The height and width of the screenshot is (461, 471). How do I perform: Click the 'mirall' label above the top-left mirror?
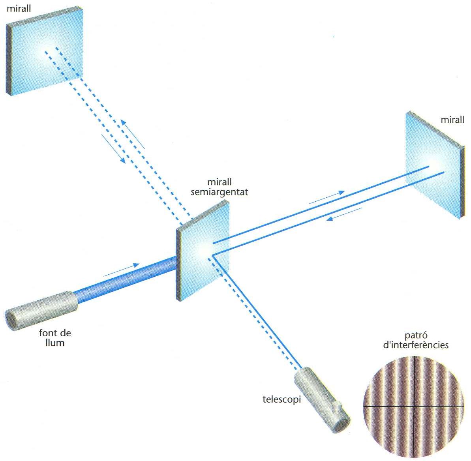pyautogui.click(x=19, y=8)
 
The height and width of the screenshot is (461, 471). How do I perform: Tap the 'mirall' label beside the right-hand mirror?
pyautogui.click(x=452, y=120)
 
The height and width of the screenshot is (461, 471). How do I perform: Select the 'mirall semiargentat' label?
pyautogui.click(x=219, y=187)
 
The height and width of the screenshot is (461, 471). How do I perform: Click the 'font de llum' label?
pyautogui.click(x=55, y=337)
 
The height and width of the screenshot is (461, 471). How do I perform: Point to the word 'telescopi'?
pyautogui.click(x=281, y=399)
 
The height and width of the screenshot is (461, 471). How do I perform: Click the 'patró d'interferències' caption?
pyautogui.click(x=416, y=341)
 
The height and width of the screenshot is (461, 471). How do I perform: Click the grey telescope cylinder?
pyautogui.click(x=322, y=399)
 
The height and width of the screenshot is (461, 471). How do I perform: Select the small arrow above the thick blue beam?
pyautogui.click(x=122, y=269)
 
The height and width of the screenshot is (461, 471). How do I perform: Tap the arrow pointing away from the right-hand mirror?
pyautogui.click(x=344, y=214)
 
